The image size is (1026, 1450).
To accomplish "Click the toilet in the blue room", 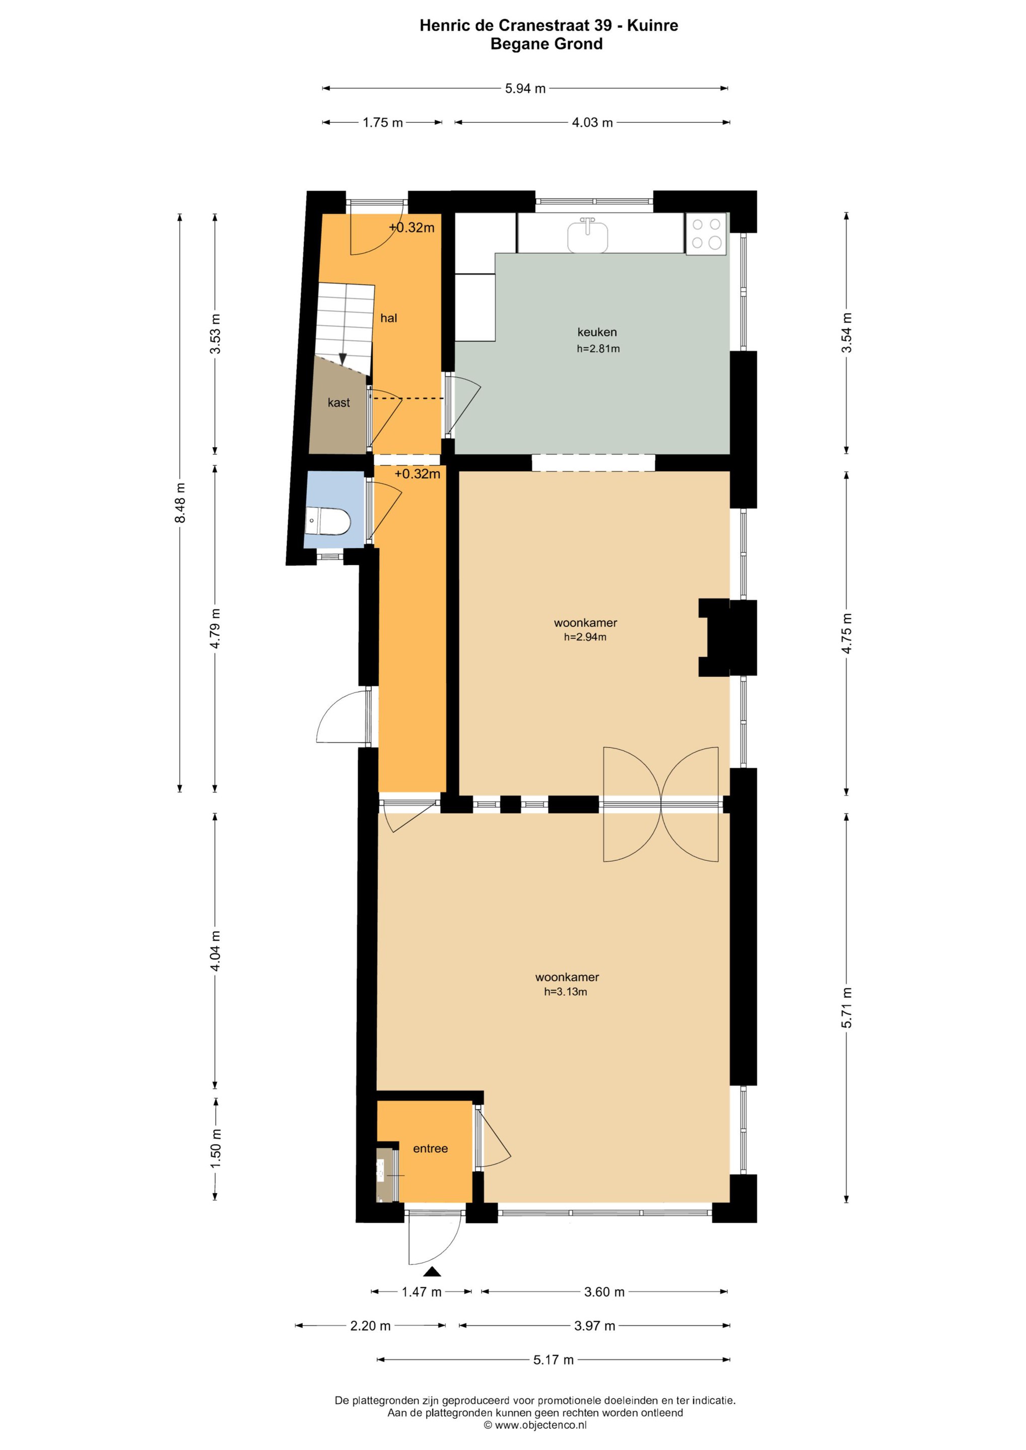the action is pos(328,521).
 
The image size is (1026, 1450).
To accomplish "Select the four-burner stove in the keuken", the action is pos(706,234).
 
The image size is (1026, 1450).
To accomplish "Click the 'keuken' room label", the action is pos(597,332).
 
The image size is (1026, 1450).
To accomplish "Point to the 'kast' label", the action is pos(338,403).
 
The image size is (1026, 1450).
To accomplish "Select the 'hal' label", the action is pos(388,318).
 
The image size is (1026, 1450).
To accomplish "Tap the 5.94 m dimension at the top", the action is pos(525,89).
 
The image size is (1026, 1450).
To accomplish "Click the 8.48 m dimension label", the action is pos(181,502).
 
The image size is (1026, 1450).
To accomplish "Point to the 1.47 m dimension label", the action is pos(422,1292).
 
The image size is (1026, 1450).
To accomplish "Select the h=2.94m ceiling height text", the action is pos(585,637).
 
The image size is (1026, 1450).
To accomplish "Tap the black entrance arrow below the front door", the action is pos(432,1272).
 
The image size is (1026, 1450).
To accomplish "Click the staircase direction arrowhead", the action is pos(343,358).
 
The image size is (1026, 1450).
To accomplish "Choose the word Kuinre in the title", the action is pos(653,26).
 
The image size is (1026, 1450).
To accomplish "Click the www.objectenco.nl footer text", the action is pos(541,1425).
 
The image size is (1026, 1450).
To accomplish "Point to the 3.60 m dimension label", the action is pos(604,1292).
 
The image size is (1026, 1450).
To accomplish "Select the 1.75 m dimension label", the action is pos(382,122).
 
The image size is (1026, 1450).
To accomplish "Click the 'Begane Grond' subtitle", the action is pos(546,44).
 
